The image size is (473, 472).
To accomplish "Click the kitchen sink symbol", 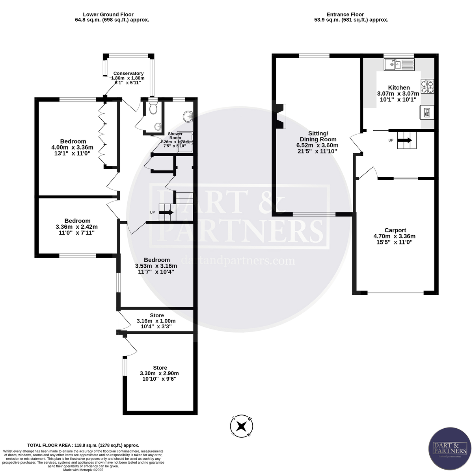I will (x=399, y=64).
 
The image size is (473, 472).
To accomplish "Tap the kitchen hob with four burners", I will (x=427, y=86).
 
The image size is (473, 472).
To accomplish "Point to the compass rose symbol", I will (x=242, y=426).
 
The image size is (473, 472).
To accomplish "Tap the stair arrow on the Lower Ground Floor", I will (x=166, y=213).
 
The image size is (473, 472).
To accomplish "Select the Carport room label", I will (x=395, y=230).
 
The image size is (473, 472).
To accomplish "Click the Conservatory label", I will (x=128, y=73).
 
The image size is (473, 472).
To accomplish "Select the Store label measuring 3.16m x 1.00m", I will (x=157, y=315).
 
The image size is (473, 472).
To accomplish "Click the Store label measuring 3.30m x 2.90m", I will (x=160, y=368).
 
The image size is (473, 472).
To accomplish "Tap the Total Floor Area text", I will (x=83, y=445).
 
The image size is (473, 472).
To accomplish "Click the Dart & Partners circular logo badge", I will (x=450, y=449).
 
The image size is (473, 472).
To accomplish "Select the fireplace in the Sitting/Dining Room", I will (x=281, y=116).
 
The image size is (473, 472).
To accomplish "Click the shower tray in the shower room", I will (x=185, y=142).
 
